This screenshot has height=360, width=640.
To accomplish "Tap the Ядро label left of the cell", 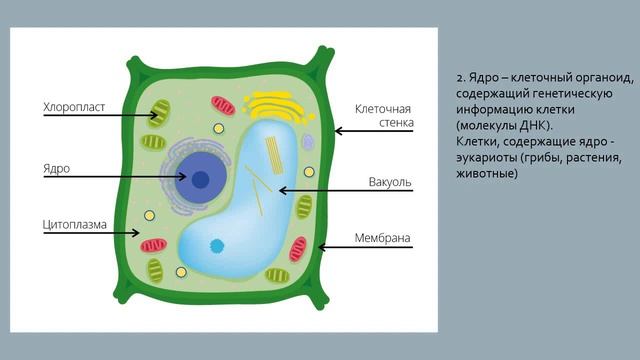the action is tap(57, 167).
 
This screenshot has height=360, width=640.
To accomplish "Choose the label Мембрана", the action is tap(383, 238).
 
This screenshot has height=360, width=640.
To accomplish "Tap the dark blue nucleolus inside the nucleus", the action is tap(201, 180).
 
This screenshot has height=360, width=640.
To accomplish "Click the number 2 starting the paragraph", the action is tap(458, 79).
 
